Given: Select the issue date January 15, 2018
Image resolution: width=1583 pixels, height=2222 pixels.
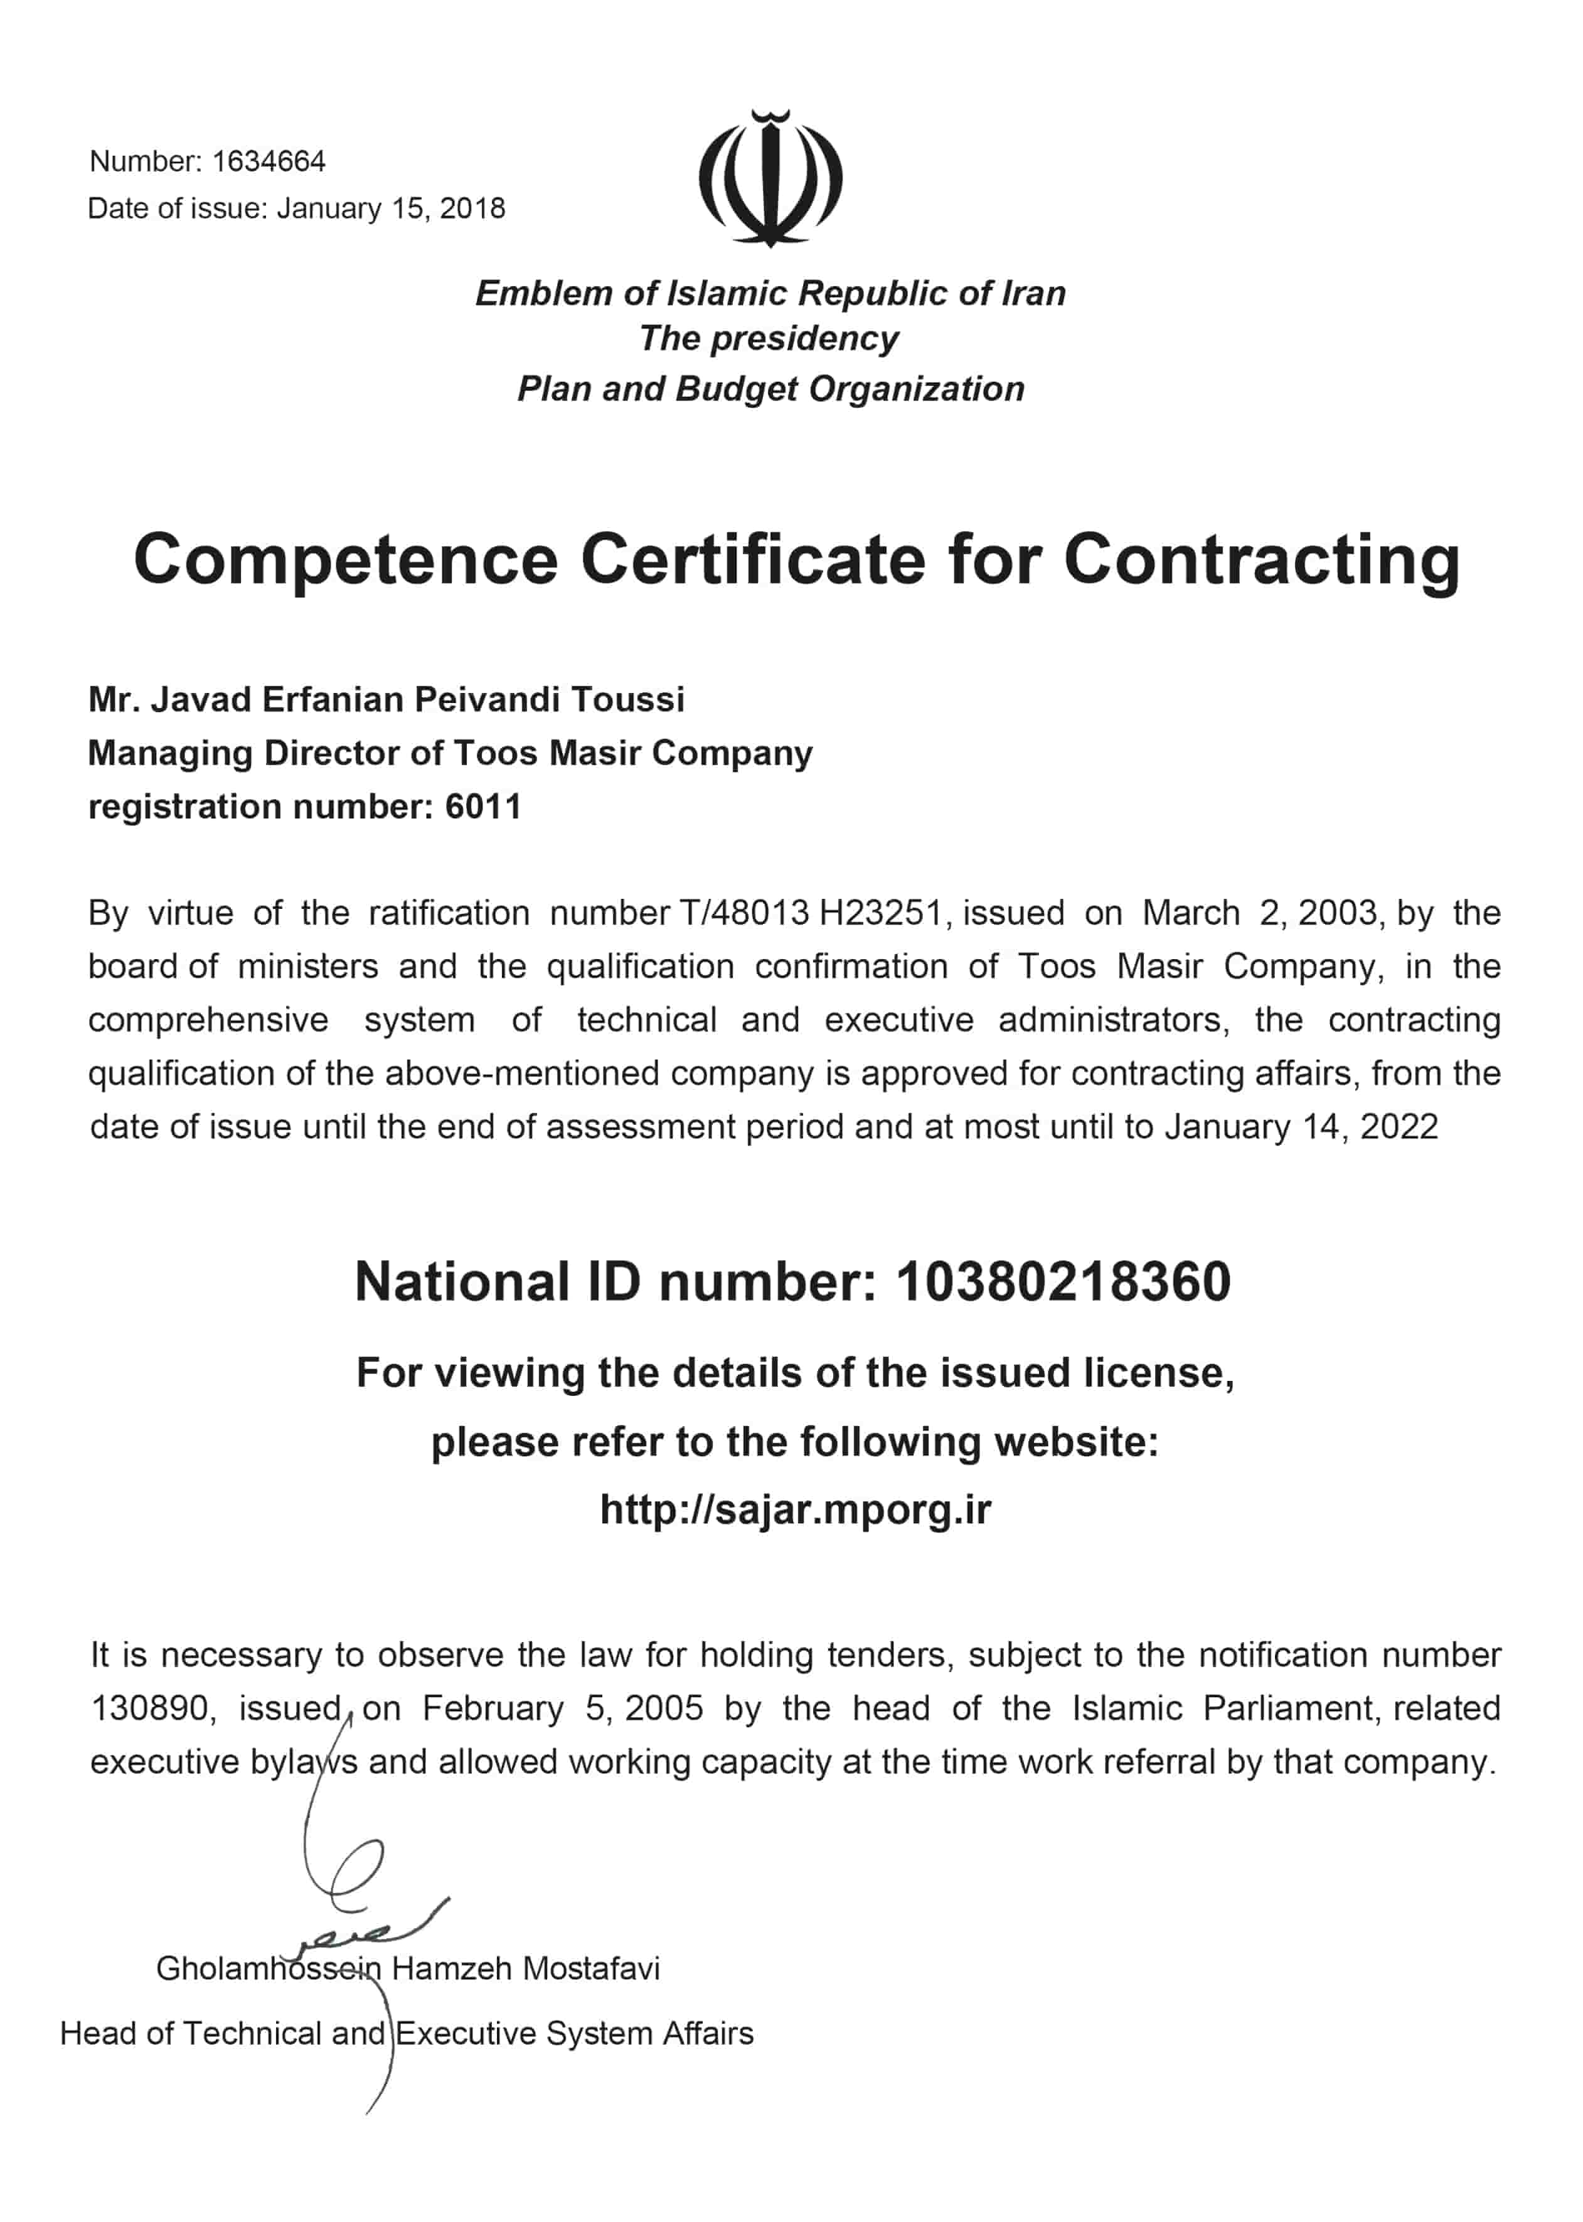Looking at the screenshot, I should [x=391, y=208].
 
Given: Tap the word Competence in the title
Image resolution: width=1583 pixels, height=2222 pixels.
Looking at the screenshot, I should [x=346, y=561].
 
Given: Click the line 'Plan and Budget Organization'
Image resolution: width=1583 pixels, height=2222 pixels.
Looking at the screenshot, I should [x=770, y=389].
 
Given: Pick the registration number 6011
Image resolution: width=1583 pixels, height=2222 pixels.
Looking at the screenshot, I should [x=484, y=807].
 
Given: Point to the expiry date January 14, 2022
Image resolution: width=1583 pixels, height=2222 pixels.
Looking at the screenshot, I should [x=1301, y=1127].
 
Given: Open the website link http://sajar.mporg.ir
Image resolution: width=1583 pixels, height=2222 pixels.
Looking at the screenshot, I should [x=796, y=1510].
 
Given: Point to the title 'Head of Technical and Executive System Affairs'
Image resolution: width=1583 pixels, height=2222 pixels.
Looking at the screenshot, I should [x=407, y=2033].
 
